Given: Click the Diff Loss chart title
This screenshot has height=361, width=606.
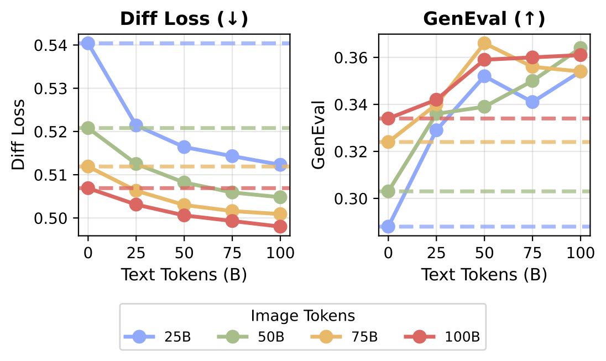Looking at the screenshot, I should pyautogui.click(x=184, y=19).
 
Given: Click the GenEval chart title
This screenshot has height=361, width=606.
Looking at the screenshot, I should pyautogui.click(x=484, y=19).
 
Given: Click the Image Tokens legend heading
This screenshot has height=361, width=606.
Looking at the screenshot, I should pyautogui.click(x=302, y=316).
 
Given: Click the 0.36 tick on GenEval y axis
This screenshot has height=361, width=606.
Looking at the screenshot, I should pyautogui.click(x=355, y=57).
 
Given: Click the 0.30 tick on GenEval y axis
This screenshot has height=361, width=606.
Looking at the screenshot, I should pyautogui.click(x=355, y=198).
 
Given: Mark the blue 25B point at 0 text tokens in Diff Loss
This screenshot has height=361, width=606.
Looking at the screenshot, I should pyautogui.click(x=88, y=43).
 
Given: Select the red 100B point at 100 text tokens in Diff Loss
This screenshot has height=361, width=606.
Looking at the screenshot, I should pyautogui.click(x=280, y=227).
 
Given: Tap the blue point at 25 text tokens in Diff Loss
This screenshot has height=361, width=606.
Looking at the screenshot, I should pyautogui.click(x=136, y=125).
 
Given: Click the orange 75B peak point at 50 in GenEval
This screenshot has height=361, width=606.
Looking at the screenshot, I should pyautogui.click(x=484, y=43).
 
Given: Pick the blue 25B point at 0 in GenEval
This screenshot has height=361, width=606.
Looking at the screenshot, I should pyautogui.click(x=388, y=227).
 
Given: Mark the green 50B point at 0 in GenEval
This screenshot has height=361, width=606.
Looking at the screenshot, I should pyautogui.click(x=388, y=191).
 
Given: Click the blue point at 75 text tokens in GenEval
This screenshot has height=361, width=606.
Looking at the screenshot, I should pyautogui.click(x=532, y=102).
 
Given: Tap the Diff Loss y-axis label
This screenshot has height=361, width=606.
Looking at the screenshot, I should pyautogui.click(x=19, y=135).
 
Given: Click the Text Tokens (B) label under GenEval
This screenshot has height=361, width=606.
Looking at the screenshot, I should pyautogui.click(x=484, y=275).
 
